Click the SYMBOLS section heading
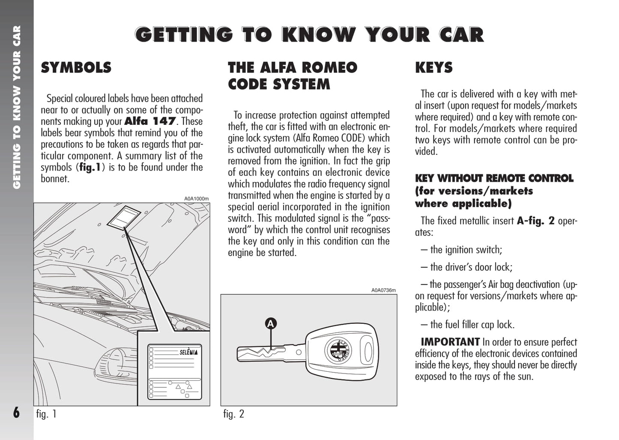[x=76, y=68]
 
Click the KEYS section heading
[x=434, y=68]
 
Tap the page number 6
[x=16, y=413]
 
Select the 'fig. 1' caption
[x=46, y=414]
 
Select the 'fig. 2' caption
[x=233, y=414]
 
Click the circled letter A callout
[x=270, y=324]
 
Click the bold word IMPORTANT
[x=450, y=342]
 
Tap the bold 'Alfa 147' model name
[x=150, y=121]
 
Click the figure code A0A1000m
[x=196, y=199]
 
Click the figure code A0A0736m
[x=383, y=290]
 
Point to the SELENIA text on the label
[x=188, y=352]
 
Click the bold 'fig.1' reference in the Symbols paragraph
[x=90, y=167]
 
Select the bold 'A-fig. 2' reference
[x=535, y=221]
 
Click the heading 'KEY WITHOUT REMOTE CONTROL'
[x=494, y=178]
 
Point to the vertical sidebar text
[x=17, y=107]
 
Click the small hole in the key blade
[x=299, y=352]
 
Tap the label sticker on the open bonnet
[x=124, y=217]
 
